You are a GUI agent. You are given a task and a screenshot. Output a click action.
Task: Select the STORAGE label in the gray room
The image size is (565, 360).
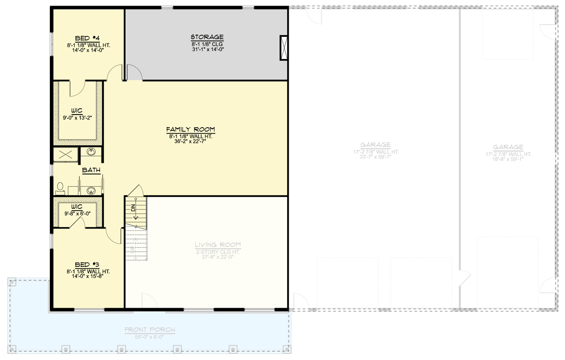[207, 37]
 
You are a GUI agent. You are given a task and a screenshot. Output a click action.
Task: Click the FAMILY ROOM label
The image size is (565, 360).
[187, 129]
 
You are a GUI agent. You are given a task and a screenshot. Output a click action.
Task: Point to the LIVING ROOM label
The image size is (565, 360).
[218, 245]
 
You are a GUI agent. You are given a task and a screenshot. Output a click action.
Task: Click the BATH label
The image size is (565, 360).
[91, 170]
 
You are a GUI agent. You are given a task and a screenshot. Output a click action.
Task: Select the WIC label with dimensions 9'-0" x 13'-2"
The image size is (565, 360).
[77, 111]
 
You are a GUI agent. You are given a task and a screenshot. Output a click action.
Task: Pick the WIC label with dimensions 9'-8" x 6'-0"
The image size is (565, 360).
[77, 206]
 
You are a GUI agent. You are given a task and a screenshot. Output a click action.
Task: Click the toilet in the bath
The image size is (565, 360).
[60, 188]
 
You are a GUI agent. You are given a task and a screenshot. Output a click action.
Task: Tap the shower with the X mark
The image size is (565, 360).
[65, 154]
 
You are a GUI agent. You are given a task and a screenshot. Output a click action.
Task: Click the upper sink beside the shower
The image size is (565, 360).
[91, 152]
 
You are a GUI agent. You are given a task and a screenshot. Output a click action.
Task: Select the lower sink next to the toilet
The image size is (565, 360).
[91, 190]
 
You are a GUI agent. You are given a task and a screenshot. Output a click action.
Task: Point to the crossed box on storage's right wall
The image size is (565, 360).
[283, 48]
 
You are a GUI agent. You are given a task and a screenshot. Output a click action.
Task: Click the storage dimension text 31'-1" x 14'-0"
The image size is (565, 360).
[207, 49]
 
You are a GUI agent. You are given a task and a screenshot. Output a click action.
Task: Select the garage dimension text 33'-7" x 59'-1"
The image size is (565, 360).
[375, 157]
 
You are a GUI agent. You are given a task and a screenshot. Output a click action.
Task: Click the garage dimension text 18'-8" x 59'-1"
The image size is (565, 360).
[508, 159]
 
